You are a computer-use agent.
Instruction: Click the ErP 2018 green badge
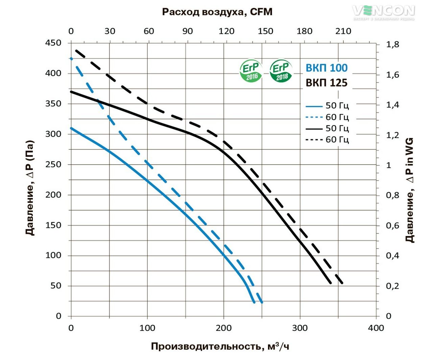coord(281,71)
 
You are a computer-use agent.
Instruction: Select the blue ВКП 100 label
coord(326,68)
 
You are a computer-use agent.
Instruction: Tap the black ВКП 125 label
coord(326,83)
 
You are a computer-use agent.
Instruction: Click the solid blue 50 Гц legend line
coord(314,106)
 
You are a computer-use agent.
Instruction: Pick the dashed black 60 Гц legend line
coord(314,140)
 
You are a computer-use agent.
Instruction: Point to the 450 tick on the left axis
coord(53,43)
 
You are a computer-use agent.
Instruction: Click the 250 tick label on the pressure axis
coord(53,165)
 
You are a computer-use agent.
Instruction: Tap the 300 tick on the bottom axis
coord(300,328)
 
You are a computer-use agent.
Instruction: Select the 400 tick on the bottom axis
coord(376,328)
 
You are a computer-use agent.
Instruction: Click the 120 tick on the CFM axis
coord(226,31)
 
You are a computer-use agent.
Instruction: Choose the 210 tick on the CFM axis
coord(343,31)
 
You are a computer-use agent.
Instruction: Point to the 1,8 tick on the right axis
coord(393,44)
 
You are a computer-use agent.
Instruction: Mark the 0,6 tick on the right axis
coord(393,225)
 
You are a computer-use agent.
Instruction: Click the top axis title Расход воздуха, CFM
coord(217,12)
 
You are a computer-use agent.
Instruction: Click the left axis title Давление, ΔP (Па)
coord(30,188)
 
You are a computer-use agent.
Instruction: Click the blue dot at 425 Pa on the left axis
coord(71,59)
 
